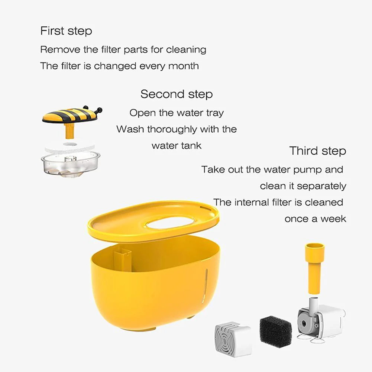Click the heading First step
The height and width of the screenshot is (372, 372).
pyautogui.click(x=66, y=31)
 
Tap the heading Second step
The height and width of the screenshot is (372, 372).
pyautogui.click(x=177, y=94)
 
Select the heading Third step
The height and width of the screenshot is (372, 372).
pyautogui.click(x=317, y=151)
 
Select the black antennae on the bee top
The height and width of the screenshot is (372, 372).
pyautogui.click(x=98, y=110)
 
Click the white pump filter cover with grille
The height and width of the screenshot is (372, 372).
pyautogui.click(x=232, y=339)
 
